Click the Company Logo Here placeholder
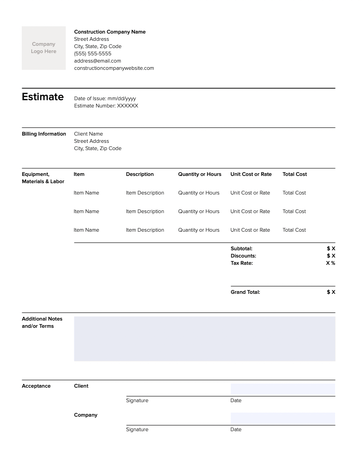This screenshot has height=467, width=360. (x=44, y=48)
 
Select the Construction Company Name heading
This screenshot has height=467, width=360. (x=110, y=32)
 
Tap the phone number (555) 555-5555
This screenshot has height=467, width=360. (x=92, y=54)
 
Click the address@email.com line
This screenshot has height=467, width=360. (x=97, y=61)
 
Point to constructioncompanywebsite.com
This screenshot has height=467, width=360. (x=114, y=68)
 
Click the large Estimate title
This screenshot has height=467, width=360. (x=43, y=97)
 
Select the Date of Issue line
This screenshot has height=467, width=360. (x=105, y=98)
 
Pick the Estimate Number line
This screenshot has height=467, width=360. (x=106, y=106)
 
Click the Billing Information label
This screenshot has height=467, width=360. (x=44, y=134)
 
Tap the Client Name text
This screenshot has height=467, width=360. (x=88, y=134)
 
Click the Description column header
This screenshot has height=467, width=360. (x=140, y=174)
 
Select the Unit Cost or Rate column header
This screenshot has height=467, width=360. (x=251, y=174)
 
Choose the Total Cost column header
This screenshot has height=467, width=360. (x=295, y=174)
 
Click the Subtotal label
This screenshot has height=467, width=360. (x=241, y=248)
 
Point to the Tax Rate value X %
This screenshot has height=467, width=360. (x=331, y=263)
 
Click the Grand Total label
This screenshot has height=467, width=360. (x=245, y=292)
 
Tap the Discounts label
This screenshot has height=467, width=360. (x=243, y=256)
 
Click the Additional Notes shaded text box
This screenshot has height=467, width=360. (x=204, y=339)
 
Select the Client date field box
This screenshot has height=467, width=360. (x=282, y=389)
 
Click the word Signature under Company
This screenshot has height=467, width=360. (x=137, y=429)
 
